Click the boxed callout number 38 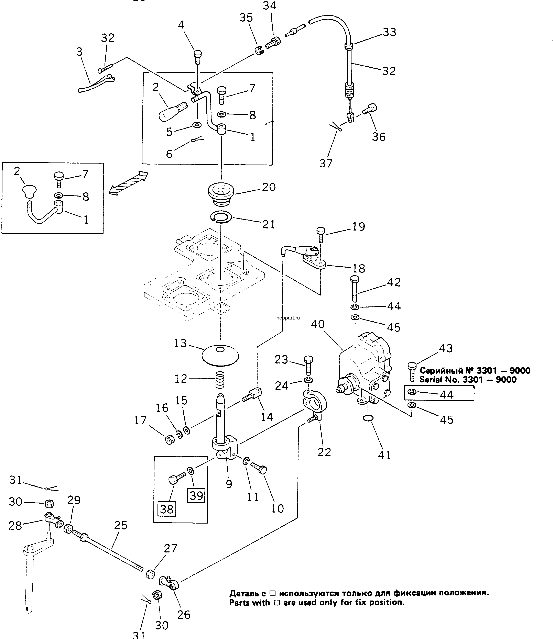click(167, 509)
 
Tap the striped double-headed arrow click(128, 183)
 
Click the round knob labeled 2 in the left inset click(29, 191)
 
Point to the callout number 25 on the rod click(121, 525)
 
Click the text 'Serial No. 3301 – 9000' click(467, 380)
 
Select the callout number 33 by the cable click(389, 32)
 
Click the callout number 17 click(140, 420)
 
